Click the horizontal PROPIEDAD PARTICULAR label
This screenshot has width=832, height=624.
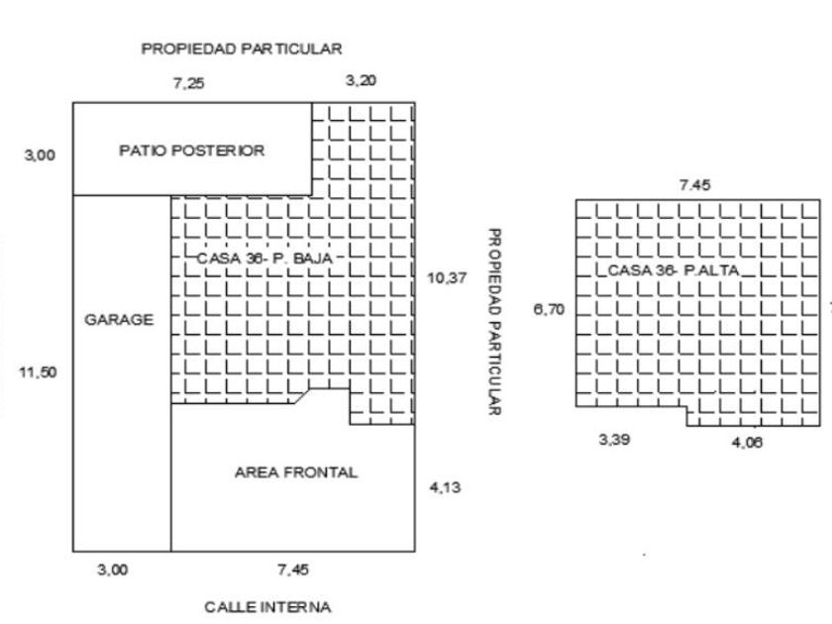point(242,48)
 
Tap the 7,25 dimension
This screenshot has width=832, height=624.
point(188,84)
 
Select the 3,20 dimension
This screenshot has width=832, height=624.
point(361,81)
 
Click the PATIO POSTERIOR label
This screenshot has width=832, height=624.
point(192,152)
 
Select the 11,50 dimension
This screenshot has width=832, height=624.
point(39,372)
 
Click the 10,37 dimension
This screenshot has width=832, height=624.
point(446,279)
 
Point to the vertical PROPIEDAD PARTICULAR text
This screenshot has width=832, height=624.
point(492,322)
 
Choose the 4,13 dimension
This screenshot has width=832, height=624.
point(445,487)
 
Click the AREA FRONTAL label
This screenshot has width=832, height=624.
point(296,472)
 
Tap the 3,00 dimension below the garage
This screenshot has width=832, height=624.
point(112,570)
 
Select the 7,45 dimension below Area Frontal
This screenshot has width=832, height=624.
point(292,570)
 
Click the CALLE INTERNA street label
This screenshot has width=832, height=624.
point(267,606)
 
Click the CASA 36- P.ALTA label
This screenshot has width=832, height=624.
point(673,269)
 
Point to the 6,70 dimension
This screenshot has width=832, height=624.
point(549,310)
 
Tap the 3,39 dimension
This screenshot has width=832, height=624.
point(614,440)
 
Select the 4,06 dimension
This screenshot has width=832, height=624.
point(747,443)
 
